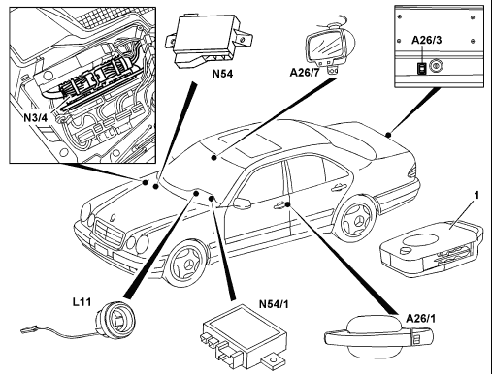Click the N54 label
click(222, 74)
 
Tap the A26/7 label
click(305, 73)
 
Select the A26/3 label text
click(427, 40)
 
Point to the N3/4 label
click(36, 118)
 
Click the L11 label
click(82, 302)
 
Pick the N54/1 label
click(274, 304)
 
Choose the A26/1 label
click(420, 319)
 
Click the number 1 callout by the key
click(476, 195)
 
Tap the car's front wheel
click(185, 265)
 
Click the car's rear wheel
click(355, 220)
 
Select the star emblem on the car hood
click(113, 217)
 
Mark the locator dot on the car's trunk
click(388, 135)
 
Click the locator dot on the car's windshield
click(213, 157)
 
